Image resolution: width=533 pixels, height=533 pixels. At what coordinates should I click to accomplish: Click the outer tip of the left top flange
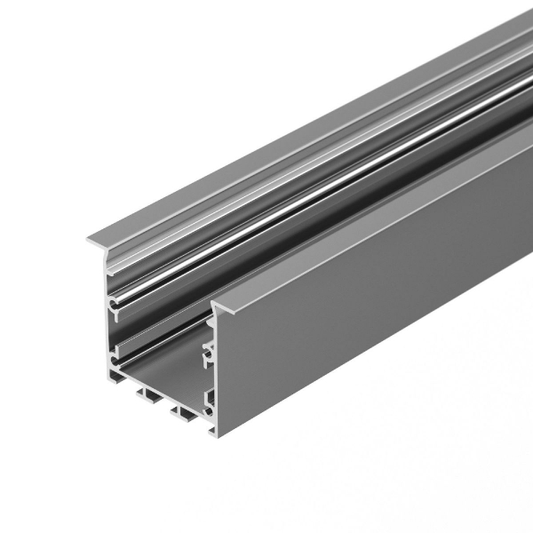click(x=90, y=239)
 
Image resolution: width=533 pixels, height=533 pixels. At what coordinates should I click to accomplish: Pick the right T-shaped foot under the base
click(x=184, y=410)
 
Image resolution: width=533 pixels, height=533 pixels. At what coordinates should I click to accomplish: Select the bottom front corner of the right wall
click(x=217, y=433)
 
